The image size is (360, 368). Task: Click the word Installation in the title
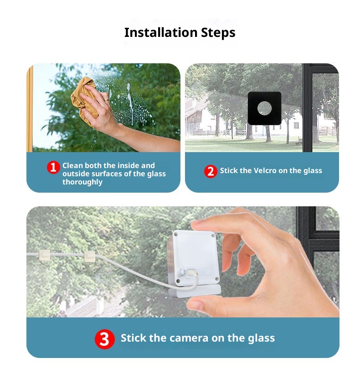161,32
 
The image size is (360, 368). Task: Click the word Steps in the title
218,33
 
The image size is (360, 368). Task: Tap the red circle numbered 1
53,167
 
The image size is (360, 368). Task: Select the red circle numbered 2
211,171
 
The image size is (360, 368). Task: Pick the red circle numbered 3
105,339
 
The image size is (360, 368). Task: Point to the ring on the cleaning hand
107,100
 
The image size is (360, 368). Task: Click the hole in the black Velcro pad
264,108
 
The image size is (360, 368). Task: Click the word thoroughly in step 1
82,182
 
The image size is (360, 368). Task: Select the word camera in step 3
189,338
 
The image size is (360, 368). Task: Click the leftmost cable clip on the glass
44,255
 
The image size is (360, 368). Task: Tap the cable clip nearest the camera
89,256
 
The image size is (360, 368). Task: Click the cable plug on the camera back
192,273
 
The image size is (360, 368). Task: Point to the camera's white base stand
195,291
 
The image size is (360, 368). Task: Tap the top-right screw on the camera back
213,235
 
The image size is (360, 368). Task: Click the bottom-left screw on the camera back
178,281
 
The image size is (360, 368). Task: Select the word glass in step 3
261,339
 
